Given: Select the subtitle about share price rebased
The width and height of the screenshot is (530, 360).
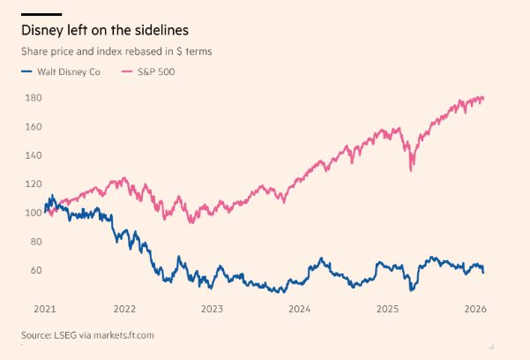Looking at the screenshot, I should point(116,51).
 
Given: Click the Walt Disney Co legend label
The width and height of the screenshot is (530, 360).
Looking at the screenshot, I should point(74,71).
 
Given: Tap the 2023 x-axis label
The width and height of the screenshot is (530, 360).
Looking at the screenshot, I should point(213,309).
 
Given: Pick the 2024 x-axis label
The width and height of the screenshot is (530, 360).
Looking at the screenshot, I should point(300,309).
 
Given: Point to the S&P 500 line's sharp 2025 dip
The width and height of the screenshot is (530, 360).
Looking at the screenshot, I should point(411,169).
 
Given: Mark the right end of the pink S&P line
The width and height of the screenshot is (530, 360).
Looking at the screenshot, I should point(483,98).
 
